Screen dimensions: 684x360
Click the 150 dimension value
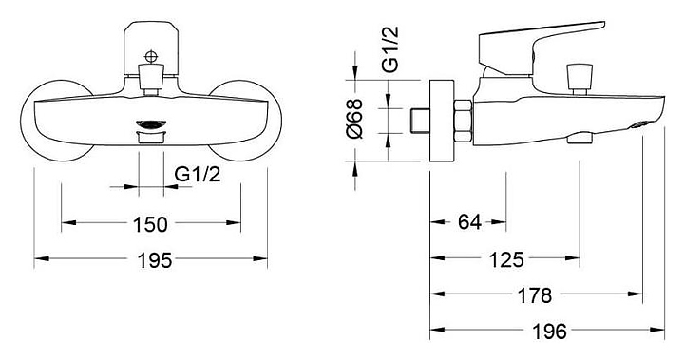pyautogui.click(x=150, y=224)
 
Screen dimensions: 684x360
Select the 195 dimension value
pyautogui.click(x=155, y=260)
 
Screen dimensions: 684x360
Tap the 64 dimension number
pyautogui.click(x=469, y=222)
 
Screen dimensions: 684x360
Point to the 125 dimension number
pyautogui.click(x=506, y=260)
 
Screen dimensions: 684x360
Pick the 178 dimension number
pyautogui.click(x=535, y=295)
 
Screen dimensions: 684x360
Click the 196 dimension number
pyautogui.click(x=549, y=332)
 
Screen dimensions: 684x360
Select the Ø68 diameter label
pyautogui.click(x=354, y=118)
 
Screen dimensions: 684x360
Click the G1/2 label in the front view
pyautogui.click(x=198, y=175)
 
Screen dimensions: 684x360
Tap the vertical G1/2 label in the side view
pyautogui.click(x=390, y=48)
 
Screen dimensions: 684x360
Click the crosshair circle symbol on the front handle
pyautogui.click(x=151, y=57)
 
